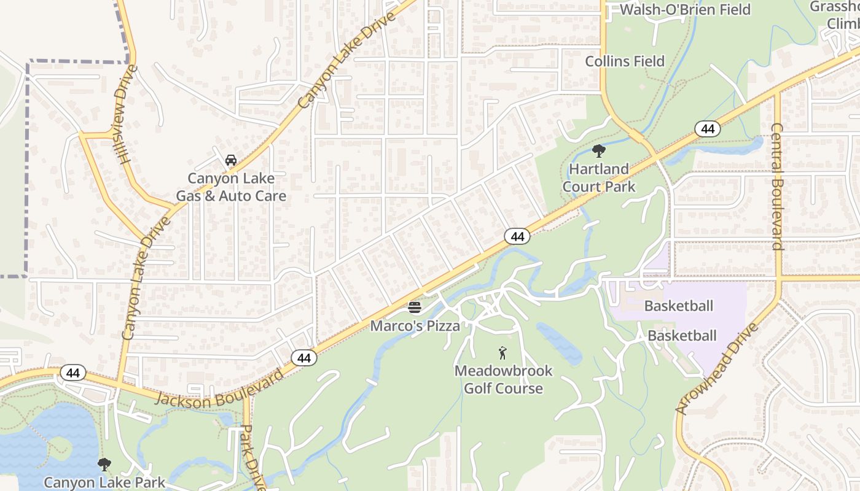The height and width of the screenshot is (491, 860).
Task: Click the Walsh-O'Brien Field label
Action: [685, 10]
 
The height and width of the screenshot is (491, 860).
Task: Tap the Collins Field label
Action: [625, 61]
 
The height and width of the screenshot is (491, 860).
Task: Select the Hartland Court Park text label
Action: [599, 177]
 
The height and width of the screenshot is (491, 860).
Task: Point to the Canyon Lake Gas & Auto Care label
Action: [231, 187]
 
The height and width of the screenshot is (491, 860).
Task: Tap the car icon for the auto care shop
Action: [231, 160]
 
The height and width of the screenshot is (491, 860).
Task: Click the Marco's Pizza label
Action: [415, 326]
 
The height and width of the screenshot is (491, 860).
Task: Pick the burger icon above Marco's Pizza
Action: [415, 307]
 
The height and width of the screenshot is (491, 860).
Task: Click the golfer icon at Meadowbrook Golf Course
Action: [502, 353]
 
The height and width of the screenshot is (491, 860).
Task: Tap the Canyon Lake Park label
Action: [104, 482]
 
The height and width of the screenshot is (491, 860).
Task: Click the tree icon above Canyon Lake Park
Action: [104, 464]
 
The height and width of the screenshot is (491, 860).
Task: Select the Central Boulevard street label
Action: [777, 187]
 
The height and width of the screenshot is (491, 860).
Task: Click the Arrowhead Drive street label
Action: [717, 368]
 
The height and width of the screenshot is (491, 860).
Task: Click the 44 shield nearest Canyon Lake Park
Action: [73, 373]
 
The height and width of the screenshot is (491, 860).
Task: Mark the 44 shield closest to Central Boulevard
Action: [708, 129]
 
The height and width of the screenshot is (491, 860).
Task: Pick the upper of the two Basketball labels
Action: [678, 306]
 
